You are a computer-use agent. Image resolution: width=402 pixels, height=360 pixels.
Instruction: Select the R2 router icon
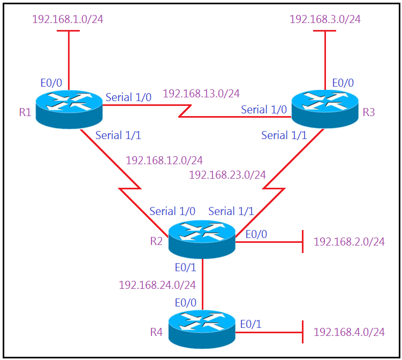point(202,239)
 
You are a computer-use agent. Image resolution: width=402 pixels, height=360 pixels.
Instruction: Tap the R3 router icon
point(324,109)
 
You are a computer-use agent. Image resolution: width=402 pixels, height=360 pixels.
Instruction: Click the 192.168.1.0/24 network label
point(68,19)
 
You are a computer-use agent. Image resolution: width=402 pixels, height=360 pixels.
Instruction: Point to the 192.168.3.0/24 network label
point(325,19)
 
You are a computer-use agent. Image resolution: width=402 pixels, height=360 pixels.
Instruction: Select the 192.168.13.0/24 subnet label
point(201,94)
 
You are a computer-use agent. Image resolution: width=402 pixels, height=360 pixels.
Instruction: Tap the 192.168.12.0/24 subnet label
point(164,160)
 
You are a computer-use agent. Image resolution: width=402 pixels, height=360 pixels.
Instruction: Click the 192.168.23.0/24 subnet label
point(227,174)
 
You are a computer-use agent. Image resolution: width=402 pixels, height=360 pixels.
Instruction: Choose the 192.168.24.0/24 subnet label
point(157,285)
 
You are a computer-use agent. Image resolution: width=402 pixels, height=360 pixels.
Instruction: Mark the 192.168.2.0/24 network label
point(349,242)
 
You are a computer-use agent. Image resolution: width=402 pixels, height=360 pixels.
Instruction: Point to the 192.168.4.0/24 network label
point(349,332)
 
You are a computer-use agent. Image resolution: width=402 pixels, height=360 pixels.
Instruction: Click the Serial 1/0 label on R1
point(128,97)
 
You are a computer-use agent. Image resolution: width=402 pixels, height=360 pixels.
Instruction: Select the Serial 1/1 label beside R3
point(284,135)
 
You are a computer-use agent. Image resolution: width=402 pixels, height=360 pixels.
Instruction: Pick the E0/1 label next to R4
point(251,324)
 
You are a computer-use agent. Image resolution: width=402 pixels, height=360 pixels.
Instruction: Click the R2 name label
point(156,241)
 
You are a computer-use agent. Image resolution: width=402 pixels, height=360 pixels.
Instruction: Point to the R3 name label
point(369,112)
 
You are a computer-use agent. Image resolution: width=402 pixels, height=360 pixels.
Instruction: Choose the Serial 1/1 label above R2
point(231,211)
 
